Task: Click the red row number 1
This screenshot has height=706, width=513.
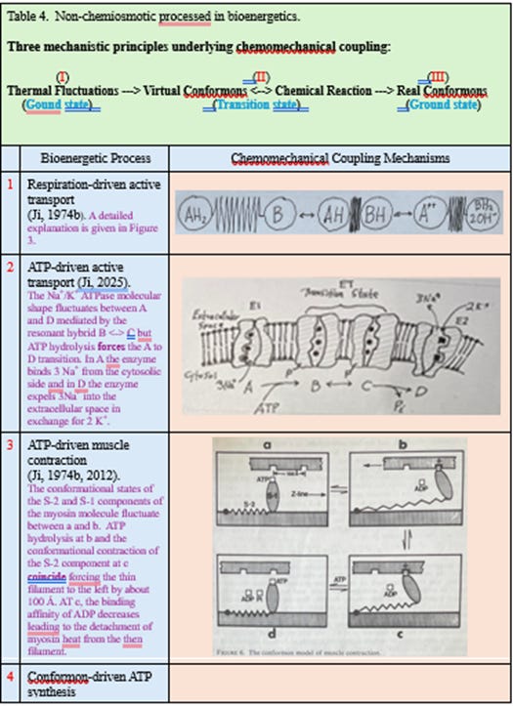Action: tap(10, 183)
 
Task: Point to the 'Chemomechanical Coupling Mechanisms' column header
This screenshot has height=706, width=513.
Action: tap(339, 157)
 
